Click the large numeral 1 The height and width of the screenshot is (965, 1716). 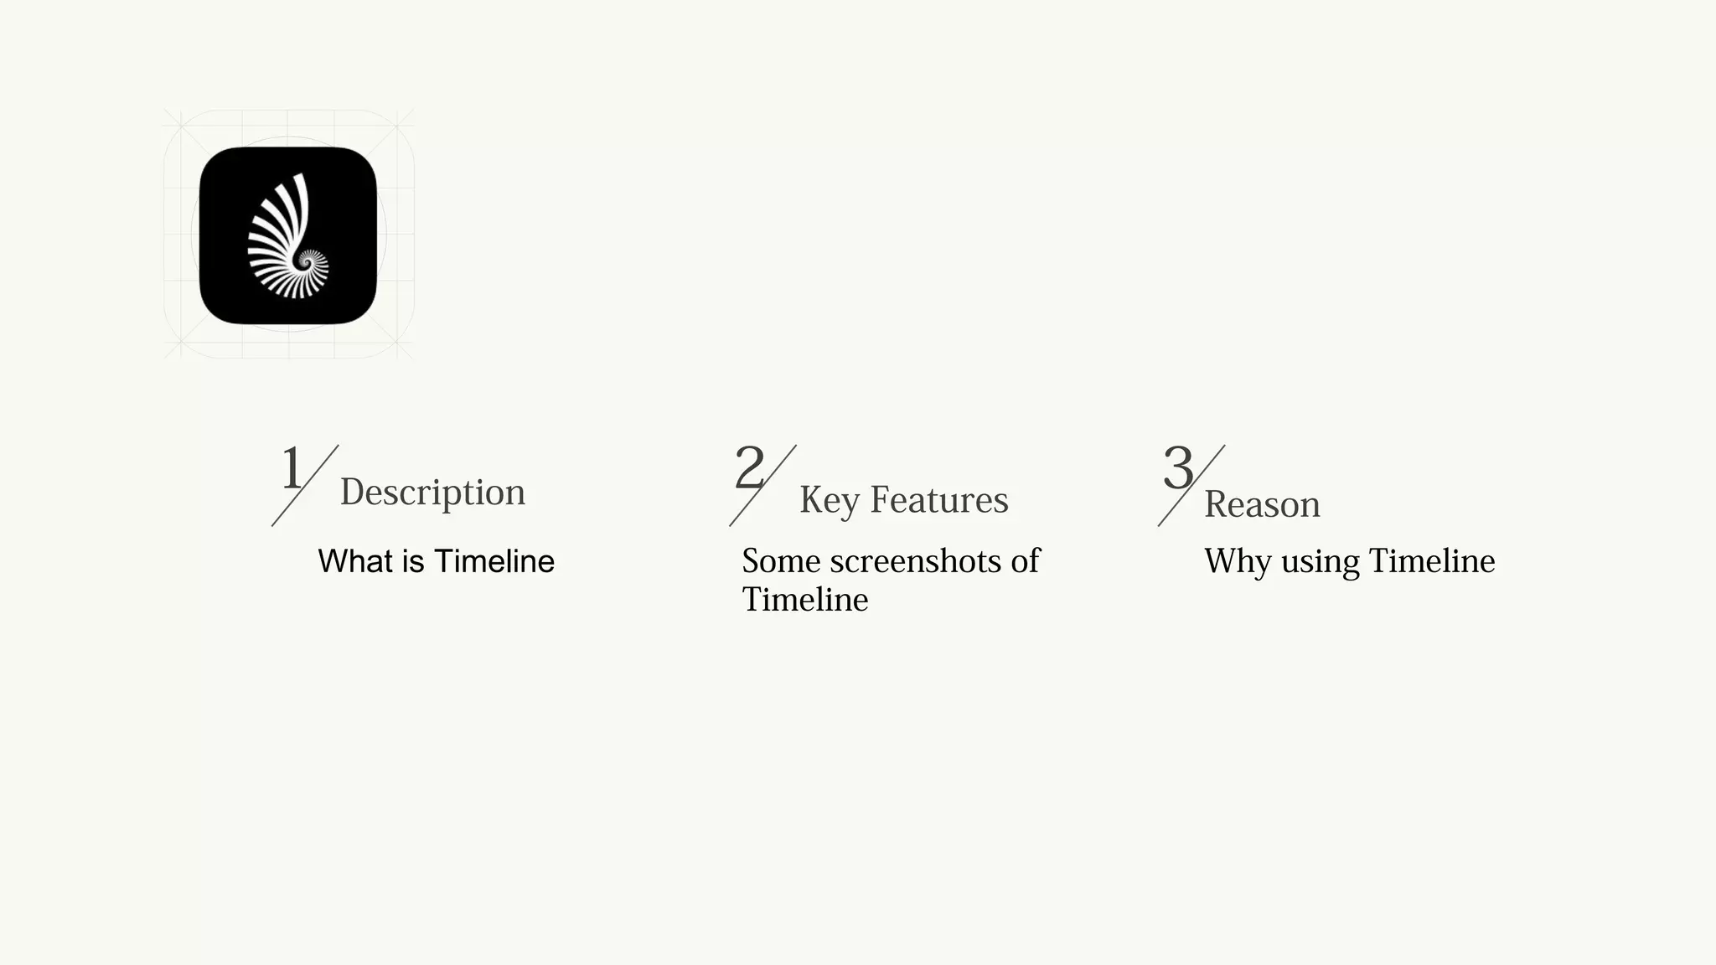tap(291, 468)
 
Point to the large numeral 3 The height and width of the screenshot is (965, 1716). tap(1177, 468)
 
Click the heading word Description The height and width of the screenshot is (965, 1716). tap(432, 492)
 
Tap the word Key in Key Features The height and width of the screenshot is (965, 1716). tap(829, 500)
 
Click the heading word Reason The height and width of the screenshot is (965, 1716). tap(1262, 504)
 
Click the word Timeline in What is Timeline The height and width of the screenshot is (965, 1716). tap(494, 561)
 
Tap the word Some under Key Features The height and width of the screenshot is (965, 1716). tap(781, 561)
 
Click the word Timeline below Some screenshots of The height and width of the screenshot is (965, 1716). tap(804, 600)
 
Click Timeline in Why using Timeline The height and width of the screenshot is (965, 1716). tap(1431, 561)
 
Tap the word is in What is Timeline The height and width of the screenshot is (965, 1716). tap(413, 561)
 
